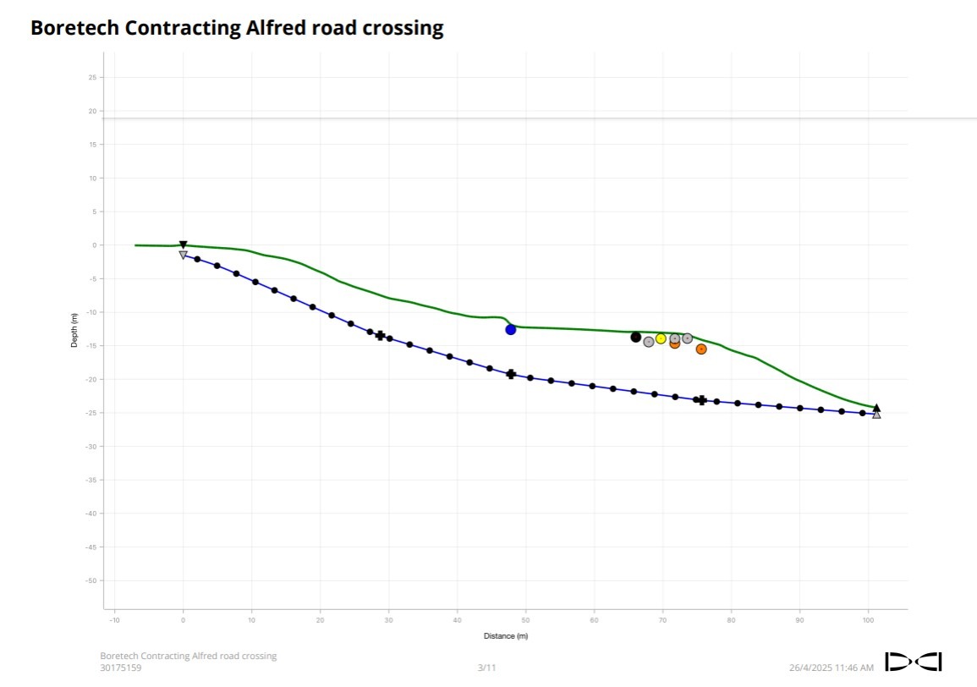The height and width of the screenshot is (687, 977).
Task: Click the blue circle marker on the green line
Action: point(511,329)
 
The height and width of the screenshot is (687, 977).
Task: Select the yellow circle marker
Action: point(661,338)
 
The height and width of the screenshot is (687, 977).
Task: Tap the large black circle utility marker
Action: point(636,337)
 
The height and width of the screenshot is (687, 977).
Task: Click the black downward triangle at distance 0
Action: point(183,245)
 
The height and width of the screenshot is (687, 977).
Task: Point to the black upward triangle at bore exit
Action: point(876,408)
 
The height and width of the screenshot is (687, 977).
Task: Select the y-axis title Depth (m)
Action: point(74,330)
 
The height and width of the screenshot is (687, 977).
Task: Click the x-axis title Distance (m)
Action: point(505,636)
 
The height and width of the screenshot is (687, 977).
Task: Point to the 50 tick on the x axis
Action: point(525,620)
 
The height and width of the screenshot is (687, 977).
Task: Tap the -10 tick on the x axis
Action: point(114,620)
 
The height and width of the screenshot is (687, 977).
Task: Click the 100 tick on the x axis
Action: point(868,620)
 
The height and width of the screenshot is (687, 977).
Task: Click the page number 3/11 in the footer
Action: point(486,668)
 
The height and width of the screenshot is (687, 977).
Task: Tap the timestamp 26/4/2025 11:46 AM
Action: point(832,668)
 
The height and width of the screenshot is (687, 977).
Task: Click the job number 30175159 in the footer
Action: point(121,668)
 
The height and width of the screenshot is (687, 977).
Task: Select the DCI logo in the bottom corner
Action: point(914,662)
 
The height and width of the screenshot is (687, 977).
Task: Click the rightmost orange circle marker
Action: point(701,349)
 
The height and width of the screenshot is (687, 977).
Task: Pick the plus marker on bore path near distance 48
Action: point(511,374)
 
